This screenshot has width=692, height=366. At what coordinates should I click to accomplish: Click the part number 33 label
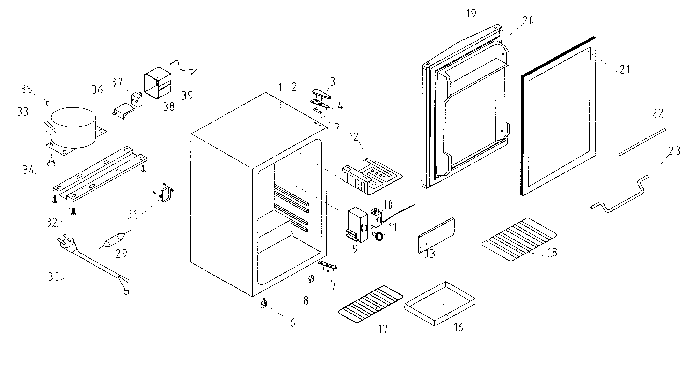[23, 111]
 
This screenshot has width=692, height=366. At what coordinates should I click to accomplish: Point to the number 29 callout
[121, 253]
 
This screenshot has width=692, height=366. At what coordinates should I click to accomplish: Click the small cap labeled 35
[48, 103]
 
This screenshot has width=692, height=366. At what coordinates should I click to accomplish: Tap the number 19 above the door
[471, 14]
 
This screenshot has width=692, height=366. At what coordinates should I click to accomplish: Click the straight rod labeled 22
[642, 142]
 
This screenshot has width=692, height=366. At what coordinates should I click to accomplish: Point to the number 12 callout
[354, 137]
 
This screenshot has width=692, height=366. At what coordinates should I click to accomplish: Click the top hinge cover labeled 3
[321, 94]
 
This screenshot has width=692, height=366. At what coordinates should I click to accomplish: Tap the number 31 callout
[132, 214]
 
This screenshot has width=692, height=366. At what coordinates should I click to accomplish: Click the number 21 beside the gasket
[625, 69]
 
